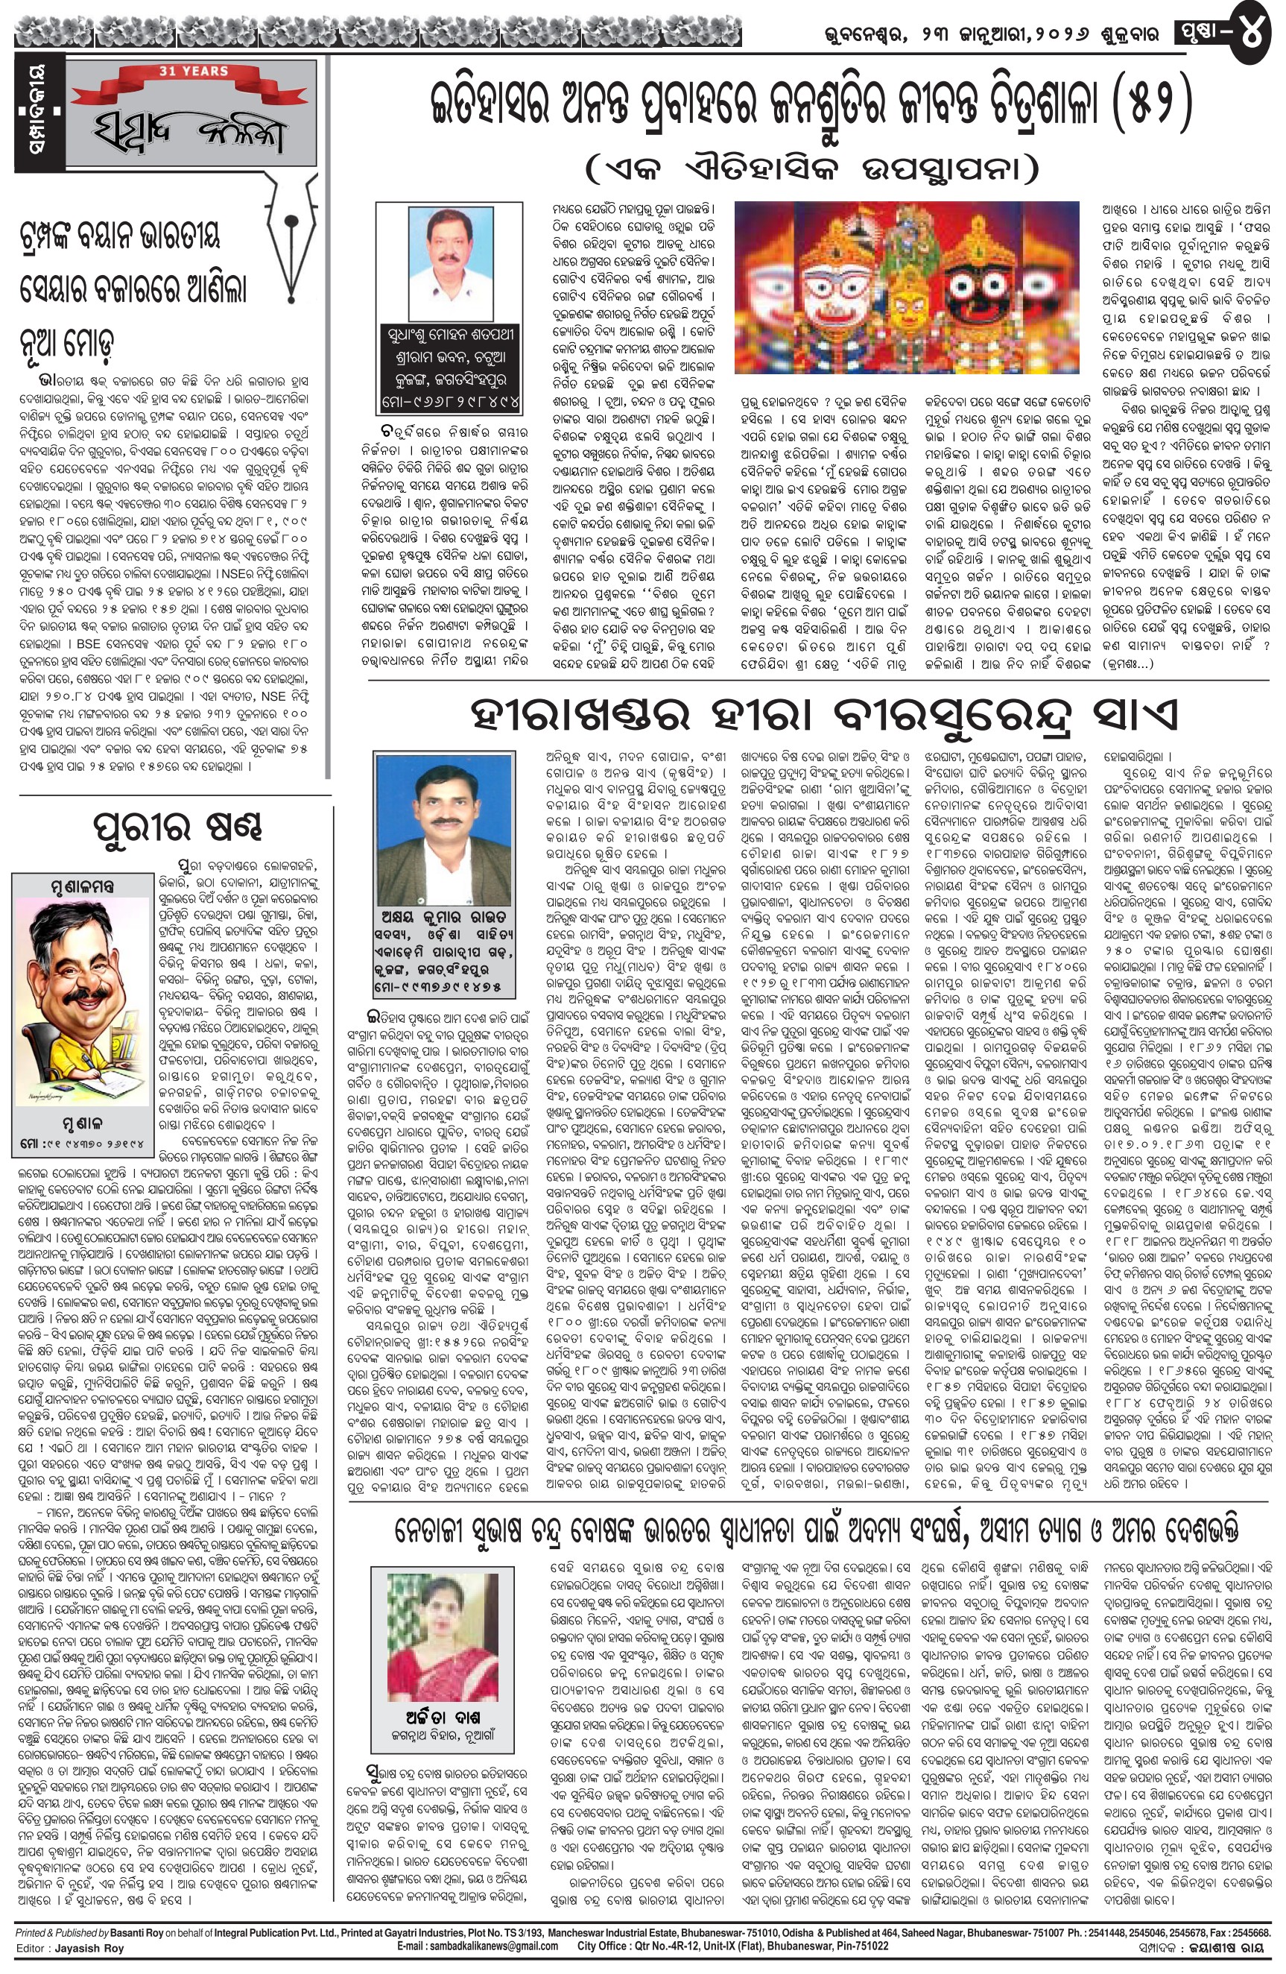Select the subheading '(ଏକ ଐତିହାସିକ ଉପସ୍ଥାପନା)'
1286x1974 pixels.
[813, 171]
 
